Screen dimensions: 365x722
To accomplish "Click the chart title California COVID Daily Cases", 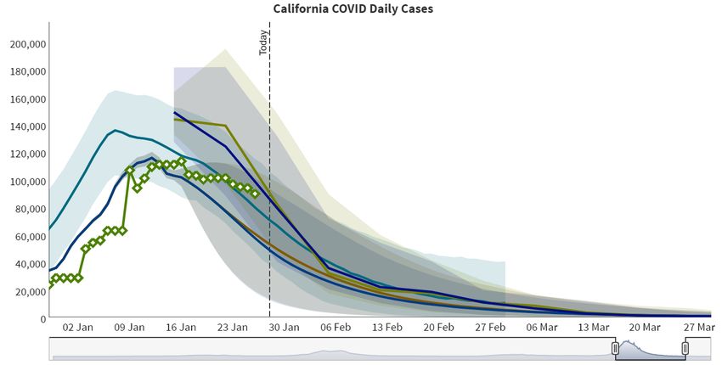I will (x=353, y=8).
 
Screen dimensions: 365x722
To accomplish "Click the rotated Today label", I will (x=263, y=43).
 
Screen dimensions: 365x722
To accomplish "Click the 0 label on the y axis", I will (x=41, y=318).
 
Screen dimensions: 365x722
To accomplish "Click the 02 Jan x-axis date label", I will (x=78, y=328).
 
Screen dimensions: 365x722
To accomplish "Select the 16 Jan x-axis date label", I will (x=181, y=328).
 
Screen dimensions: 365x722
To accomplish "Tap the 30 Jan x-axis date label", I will (x=284, y=328).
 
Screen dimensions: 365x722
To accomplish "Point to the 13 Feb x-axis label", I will (x=387, y=328).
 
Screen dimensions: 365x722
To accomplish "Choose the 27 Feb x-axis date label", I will (x=490, y=328).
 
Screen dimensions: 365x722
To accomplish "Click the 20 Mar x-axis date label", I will (x=645, y=328).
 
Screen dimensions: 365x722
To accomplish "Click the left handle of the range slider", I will (x=615, y=348).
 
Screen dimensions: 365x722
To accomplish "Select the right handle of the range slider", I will (x=685, y=348).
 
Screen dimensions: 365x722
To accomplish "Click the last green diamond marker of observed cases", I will (x=255, y=194).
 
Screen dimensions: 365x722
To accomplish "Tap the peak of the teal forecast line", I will (x=116, y=131).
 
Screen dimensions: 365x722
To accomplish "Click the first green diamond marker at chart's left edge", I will (x=49, y=285).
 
